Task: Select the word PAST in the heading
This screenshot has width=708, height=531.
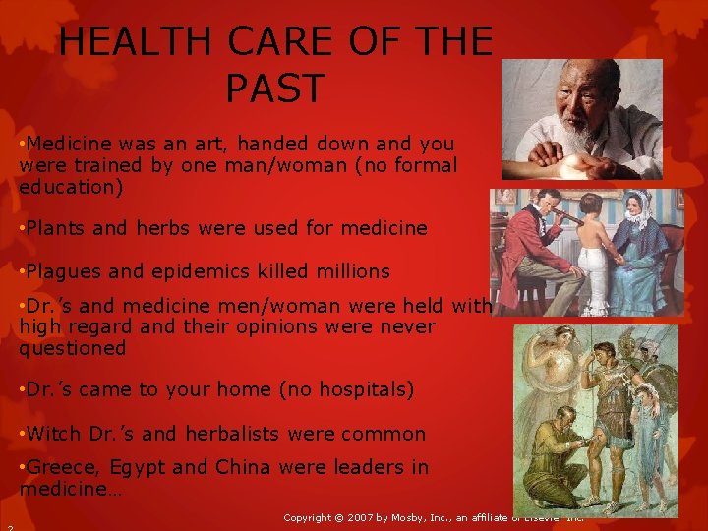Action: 274,88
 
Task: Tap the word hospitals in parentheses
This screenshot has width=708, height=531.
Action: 362,390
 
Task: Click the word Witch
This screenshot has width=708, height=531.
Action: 55,434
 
